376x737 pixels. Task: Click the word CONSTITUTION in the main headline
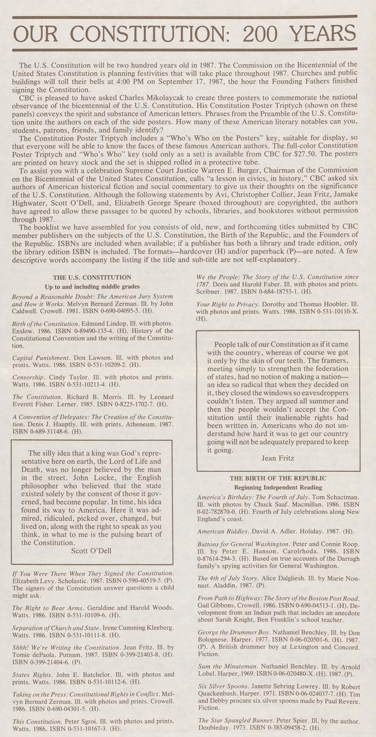pyautogui.click(x=153, y=35)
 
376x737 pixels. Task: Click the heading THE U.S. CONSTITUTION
pyautogui.click(x=92, y=278)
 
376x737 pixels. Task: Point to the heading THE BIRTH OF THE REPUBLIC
pyautogui.click(x=278, y=478)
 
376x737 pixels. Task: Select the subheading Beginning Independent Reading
pyautogui.click(x=278, y=488)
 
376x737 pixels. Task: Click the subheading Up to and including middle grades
pyautogui.click(x=92, y=287)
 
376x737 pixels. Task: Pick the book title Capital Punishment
pyautogui.click(x=41, y=357)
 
